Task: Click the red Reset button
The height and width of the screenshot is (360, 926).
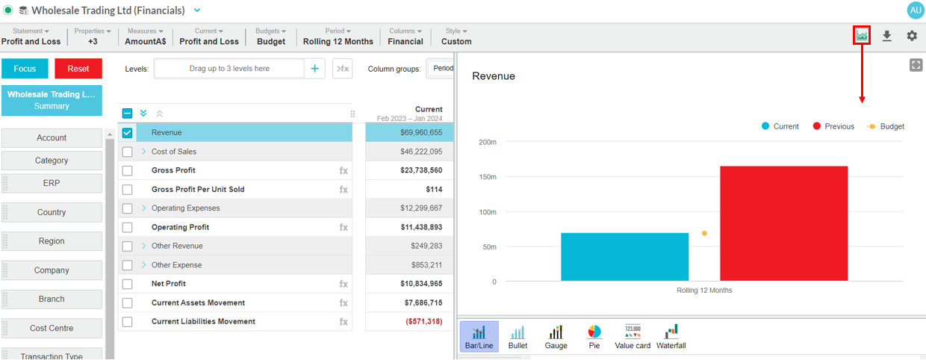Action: click(78, 69)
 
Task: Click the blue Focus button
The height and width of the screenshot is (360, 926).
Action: click(25, 69)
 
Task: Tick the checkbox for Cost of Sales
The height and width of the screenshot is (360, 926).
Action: click(128, 152)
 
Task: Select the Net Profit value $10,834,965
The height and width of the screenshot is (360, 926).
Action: click(421, 284)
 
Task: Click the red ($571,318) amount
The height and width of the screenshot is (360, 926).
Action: click(423, 322)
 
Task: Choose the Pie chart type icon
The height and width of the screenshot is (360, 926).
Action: click(594, 336)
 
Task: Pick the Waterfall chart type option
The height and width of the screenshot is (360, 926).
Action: click(671, 336)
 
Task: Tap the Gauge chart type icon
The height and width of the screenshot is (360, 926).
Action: click(556, 336)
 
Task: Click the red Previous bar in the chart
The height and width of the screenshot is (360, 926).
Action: click(784, 223)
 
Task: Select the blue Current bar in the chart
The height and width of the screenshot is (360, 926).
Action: click(624, 257)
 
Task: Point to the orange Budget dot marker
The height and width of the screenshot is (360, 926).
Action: click(704, 233)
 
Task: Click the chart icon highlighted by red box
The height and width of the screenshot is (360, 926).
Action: click(862, 35)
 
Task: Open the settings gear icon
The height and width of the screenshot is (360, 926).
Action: click(912, 36)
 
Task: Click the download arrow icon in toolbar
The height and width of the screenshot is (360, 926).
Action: click(886, 36)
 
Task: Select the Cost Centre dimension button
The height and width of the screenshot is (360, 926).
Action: click(52, 328)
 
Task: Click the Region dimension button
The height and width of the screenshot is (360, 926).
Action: click(52, 241)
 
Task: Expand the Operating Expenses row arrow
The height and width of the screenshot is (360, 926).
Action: click(143, 208)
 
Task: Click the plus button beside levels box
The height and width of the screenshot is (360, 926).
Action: click(314, 69)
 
